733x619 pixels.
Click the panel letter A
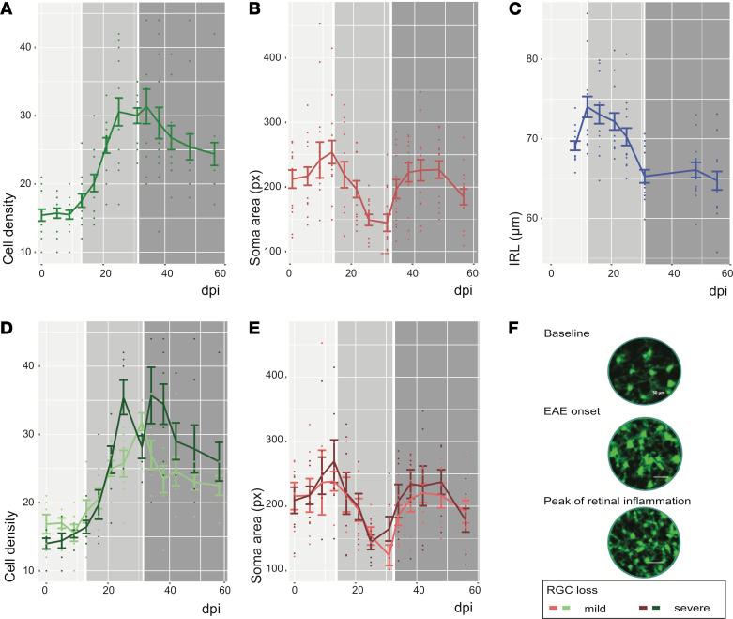pos(8,9)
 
